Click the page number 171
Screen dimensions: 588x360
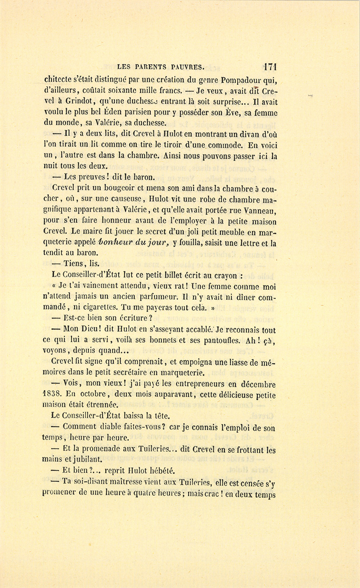point(270,66)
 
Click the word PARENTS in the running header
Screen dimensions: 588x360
point(154,66)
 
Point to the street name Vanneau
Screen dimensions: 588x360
point(262,210)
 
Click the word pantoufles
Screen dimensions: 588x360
point(221,341)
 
